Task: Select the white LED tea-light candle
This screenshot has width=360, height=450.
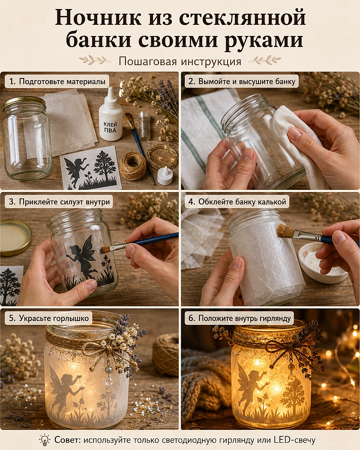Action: [165, 176]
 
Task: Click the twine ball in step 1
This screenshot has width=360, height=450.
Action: [132, 166]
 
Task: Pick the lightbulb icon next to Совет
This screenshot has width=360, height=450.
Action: [45, 440]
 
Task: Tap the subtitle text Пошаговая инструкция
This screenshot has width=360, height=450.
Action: [180, 61]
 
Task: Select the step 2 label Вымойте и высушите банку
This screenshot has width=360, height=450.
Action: [242, 81]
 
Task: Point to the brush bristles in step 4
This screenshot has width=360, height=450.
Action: [284, 231]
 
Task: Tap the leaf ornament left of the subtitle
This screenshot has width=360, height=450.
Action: [95, 60]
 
